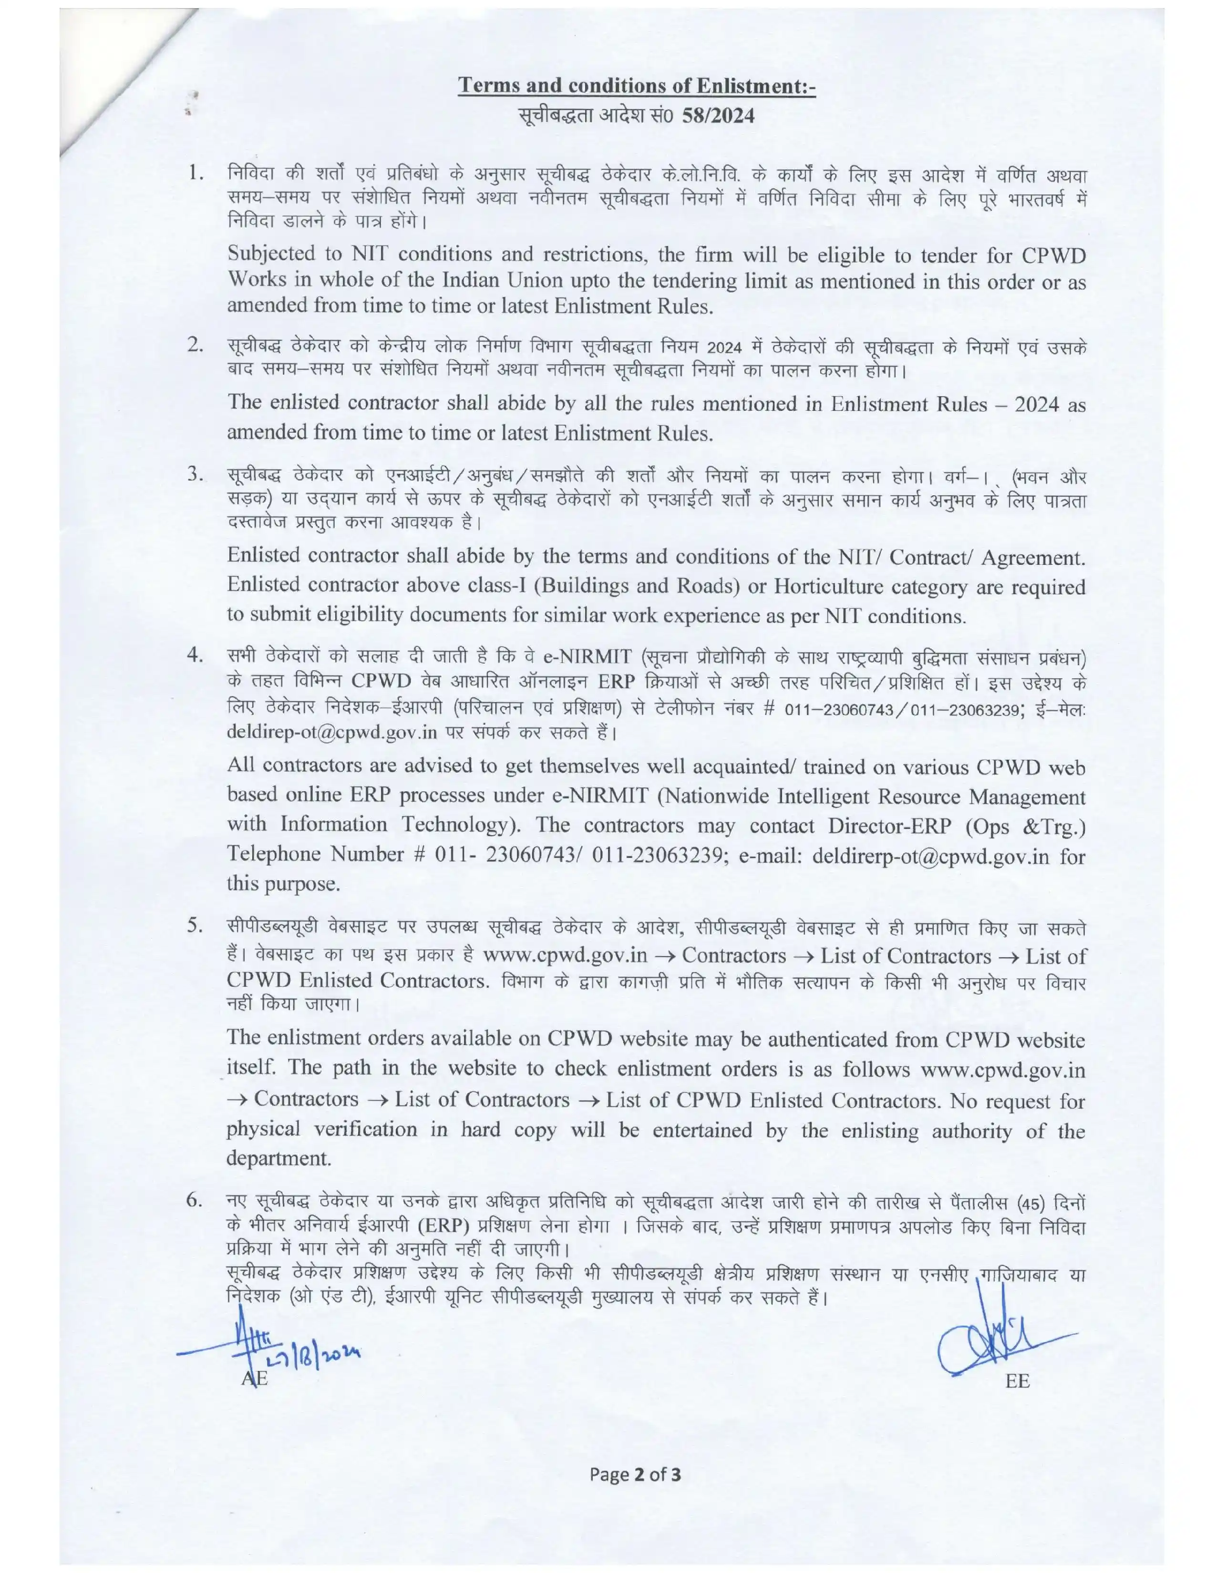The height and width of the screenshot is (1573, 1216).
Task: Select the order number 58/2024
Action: point(713,115)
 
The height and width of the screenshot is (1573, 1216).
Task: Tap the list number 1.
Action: point(193,173)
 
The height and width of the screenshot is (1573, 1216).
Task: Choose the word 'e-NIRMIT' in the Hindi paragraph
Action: point(587,656)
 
